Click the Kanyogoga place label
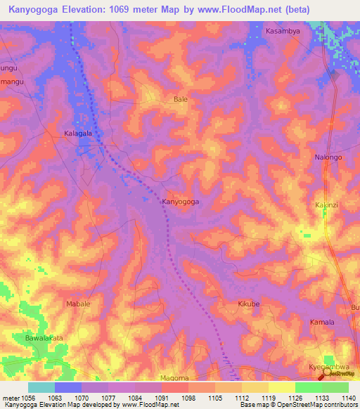[181, 202]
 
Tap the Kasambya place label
[282, 32]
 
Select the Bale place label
[181, 100]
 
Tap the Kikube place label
[249, 304]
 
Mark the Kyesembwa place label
[328, 368]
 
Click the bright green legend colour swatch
[308, 387]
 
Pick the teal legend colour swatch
[41, 387]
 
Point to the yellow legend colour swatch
[281, 387]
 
